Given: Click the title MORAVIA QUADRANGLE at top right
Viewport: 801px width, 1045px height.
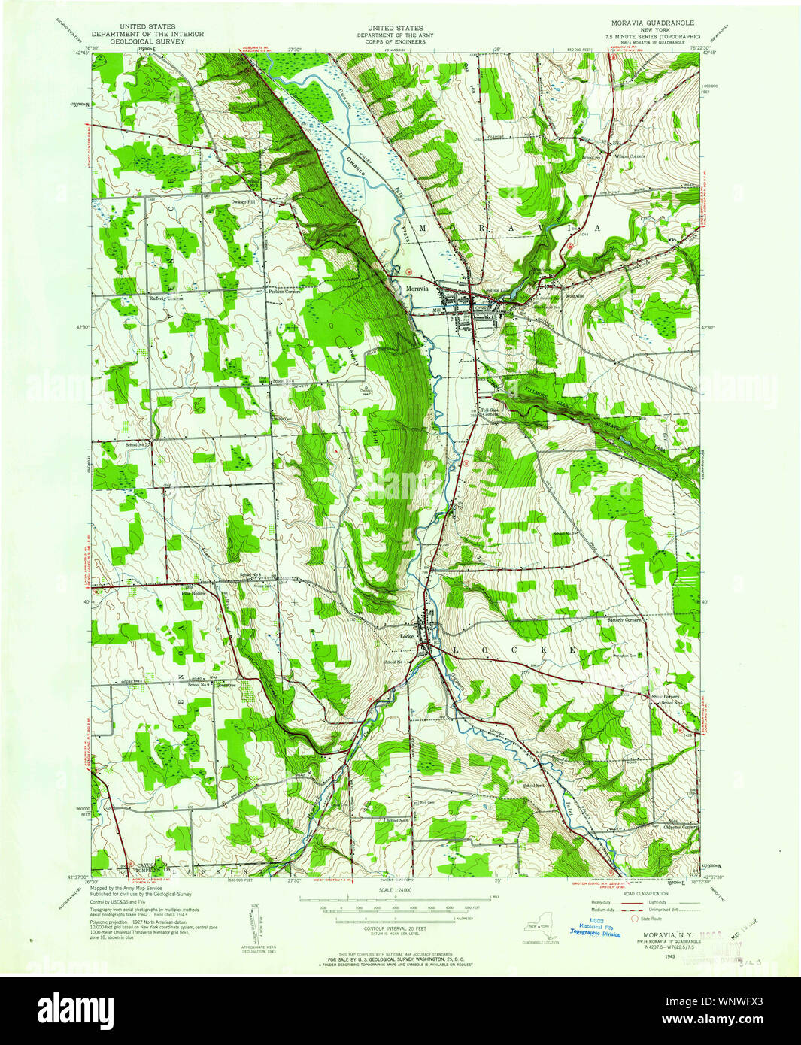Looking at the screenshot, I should pyautogui.click(x=651, y=23).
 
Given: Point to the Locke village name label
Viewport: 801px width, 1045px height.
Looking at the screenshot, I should pyautogui.click(x=406, y=637).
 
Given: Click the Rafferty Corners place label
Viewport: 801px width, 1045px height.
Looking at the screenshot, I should pyautogui.click(x=166, y=298).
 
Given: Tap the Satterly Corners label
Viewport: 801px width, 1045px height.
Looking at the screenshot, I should pyautogui.click(x=624, y=620).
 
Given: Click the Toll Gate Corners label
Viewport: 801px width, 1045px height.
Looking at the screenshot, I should pyautogui.click(x=490, y=412).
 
